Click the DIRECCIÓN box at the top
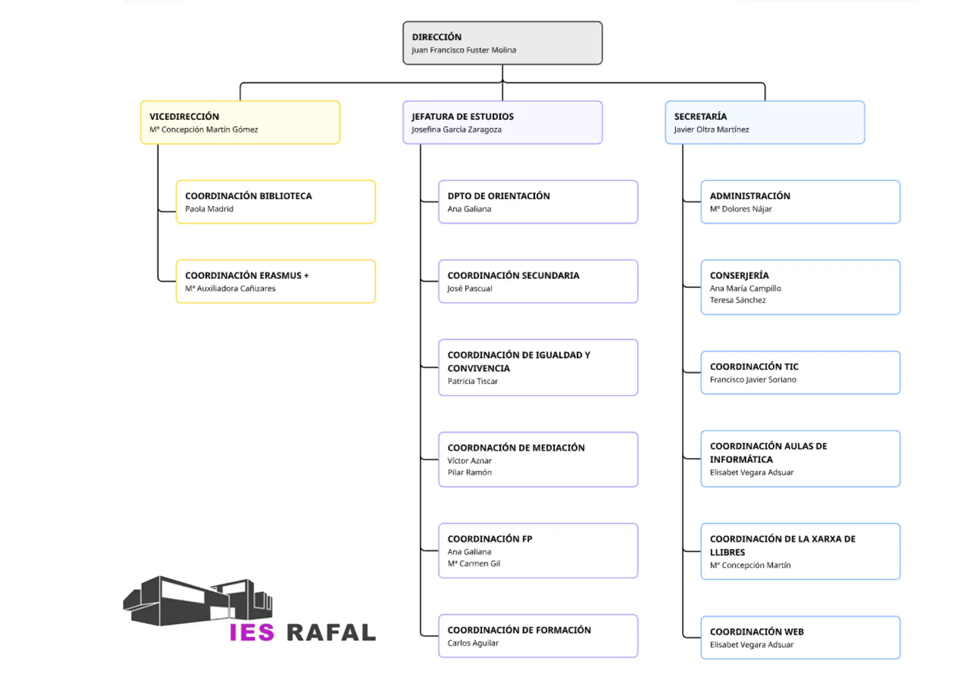pyautogui.click(x=502, y=43)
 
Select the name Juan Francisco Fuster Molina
pyautogui.click(x=464, y=50)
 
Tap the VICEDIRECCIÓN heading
pyautogui.click(x=184, y=117)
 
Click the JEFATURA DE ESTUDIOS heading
pyautogui.click(x=462, y=117)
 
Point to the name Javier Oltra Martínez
pyautogui.click(x=711, y=130)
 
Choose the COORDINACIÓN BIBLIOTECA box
pyautogui.click(x=276, y=202)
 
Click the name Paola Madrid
pyautogui.click(x=209, y=209)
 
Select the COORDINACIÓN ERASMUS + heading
pyautogui.click(x=247, y=276)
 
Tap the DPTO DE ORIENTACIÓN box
pyautogui.click(x=538, y=202)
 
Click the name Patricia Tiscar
pyautogui.click(x=472, y=382)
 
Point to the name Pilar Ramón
pyautogui.click(x=469, y=472)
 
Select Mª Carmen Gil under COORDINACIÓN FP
pyautogui.click(x=474, y=564)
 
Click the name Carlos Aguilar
pyautogui.click(x=473, y=643)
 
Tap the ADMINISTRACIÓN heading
pyautogui.click(x=750, y=196)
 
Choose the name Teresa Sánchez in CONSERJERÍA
pyautogui.click(x=737, y=300)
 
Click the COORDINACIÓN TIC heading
pyautogui.click(x=754, y=367)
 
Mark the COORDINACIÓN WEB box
pyautogui.click(x=800, y=638)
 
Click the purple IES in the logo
pyautogui.click(x=252, y=632)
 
